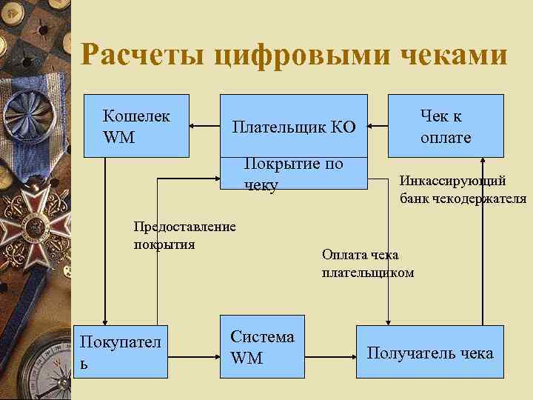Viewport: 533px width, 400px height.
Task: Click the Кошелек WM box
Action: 136,126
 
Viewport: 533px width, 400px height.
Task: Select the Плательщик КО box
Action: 293,126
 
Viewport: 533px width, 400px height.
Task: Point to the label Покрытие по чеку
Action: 293,174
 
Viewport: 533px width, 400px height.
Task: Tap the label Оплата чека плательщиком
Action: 367,264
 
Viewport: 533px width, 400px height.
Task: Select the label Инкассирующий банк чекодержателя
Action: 463,189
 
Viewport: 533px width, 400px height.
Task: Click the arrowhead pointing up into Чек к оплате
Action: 483,162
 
